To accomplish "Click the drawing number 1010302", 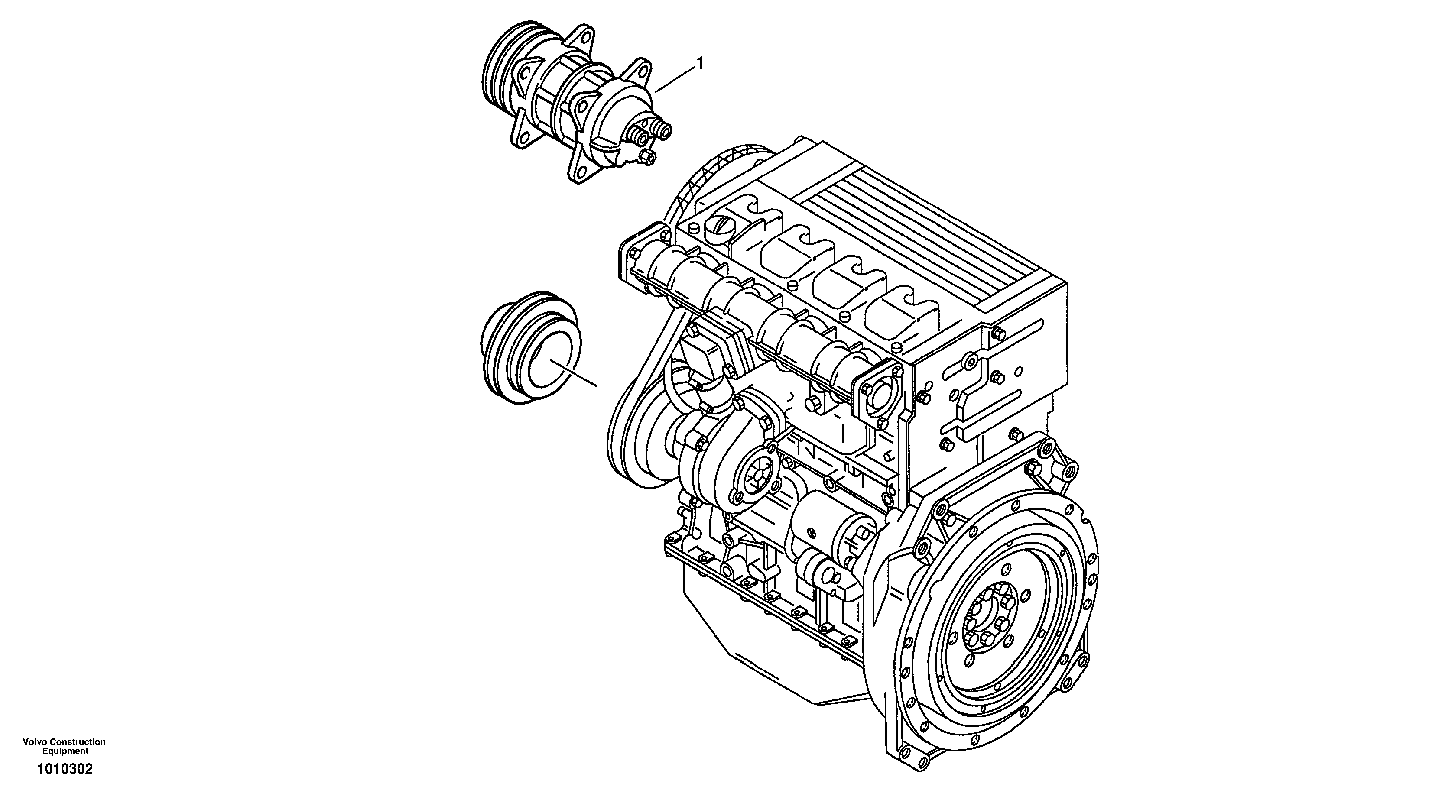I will (65, 769).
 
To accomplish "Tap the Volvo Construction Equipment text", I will (64, 746).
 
